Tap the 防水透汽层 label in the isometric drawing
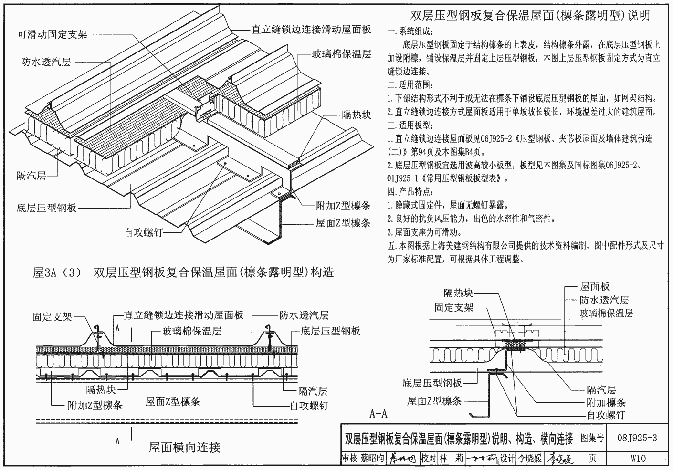pos(46,62)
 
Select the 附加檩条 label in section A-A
pos(606,402)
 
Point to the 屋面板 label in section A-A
pos(595,286)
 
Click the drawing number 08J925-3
pos(637,438)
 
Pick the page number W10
pos(638,459)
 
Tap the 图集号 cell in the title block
pos(592,438)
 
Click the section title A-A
pos(379,413)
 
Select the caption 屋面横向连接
pos(184,448)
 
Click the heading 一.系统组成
pos(410,32)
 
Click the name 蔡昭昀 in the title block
pos(372,459)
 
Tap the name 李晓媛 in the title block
pos(530,459)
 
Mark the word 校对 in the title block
pos(429,459)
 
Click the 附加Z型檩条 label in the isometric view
pos(343,206)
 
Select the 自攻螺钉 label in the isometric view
pos(144,232)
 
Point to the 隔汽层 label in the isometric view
pos(32,176)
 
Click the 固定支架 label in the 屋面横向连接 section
pos(52,317)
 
